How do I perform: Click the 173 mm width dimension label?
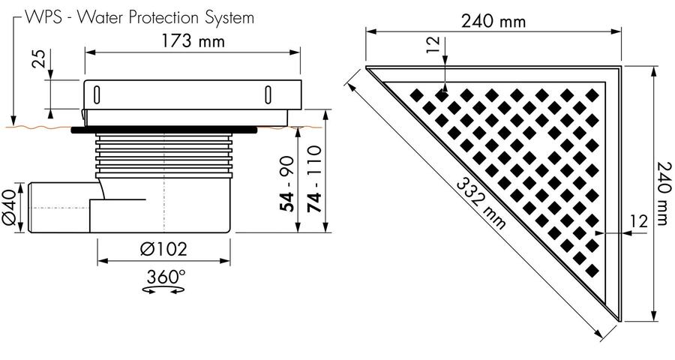coord(193,41)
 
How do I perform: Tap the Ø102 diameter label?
coord(163,249)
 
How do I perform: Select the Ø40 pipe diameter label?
coord(10,208)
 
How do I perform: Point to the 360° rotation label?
coord(166,277)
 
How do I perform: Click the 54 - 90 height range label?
coord(287,184)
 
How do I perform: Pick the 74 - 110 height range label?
coord(315,179)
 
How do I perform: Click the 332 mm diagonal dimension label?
coord(481,204)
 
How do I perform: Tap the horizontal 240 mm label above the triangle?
coord(493,21)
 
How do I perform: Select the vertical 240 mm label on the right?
coord(664,193)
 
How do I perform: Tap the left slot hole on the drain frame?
coord(97,94)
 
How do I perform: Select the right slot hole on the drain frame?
coord(268,94)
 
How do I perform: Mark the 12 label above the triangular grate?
coord(435,45)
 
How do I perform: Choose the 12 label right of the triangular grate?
coord(638,221)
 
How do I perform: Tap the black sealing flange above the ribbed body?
coord(164,130)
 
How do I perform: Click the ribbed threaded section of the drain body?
coord(163,156)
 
